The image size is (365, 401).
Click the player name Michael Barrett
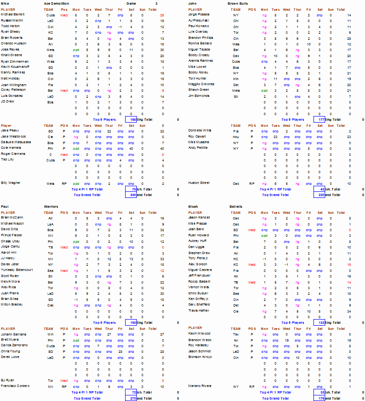coord(13,15)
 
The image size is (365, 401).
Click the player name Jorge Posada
coord(198,15)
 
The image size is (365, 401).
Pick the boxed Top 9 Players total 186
coord(131,119)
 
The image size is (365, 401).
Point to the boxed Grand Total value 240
coord(131,195)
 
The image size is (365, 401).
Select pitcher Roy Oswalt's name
coord(197,137)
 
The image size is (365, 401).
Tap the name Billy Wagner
coord(10,183)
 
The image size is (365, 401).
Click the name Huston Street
coord(199,183)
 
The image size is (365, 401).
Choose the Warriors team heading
coord(51,206)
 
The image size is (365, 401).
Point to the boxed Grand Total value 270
coord(131,398)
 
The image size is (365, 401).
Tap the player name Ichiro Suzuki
coord(198,292)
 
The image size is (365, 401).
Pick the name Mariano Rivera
coord(199,386)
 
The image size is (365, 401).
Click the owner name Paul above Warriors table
coord(4,206)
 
